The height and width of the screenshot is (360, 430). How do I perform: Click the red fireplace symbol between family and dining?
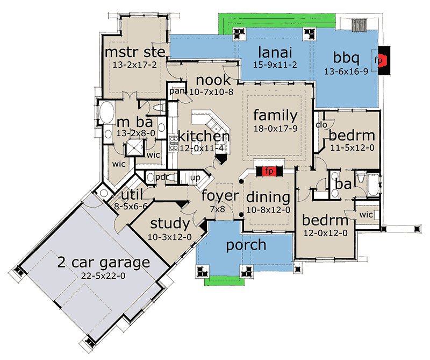point(269,171)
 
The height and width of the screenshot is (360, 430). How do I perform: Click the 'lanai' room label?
point(275,52)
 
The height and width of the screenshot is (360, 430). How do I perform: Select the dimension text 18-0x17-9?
point(275,128)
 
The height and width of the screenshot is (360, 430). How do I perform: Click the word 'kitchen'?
point(204,136)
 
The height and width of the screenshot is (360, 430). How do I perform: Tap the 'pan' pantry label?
point(176,91)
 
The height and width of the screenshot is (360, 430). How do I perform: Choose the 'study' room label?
point(170,223)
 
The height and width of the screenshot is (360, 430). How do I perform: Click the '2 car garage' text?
point(104,263)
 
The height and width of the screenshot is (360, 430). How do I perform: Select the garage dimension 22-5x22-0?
point(103,276)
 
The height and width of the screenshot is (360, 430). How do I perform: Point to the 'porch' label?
point(246,245)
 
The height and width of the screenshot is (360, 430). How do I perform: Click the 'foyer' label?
point(220,196)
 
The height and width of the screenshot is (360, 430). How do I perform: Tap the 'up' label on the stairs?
point(195,178)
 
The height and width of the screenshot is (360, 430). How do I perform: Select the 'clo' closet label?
point(321,125)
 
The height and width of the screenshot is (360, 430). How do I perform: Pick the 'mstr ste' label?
point(135,52)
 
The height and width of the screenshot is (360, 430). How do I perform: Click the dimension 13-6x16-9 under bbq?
point(346,72)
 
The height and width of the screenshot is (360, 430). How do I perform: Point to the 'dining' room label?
point(268,197)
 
